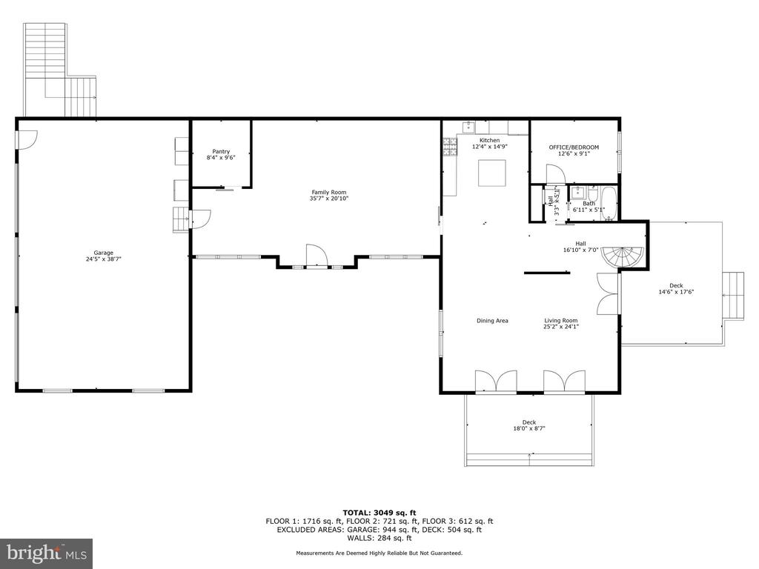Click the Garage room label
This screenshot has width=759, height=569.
(x=103, y=253)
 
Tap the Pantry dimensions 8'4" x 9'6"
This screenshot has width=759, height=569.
(x=221, y=158)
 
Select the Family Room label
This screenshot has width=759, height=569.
(x=328, y=192)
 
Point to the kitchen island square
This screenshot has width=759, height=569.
(x=492, y=173)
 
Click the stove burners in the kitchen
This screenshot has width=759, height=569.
(x=450, y=147)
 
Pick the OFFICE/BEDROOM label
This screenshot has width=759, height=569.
(x=574, y=147)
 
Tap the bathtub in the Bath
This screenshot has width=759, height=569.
(x=608, y=204)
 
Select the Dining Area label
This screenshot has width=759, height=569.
(x=492, y=320)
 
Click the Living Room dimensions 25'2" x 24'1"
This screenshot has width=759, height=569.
(x=561, y=327)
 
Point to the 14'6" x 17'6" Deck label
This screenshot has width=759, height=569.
(x=676, y=292)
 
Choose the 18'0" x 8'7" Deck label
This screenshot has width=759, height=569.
(x=529, y=428)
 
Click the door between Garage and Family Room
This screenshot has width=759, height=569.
(x=200, y=219)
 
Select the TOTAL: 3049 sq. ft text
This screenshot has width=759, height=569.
(x=379, y=513)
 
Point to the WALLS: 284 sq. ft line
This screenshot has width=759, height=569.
(x=379, y=538)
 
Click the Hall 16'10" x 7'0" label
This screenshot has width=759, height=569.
(x=581, y=247)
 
